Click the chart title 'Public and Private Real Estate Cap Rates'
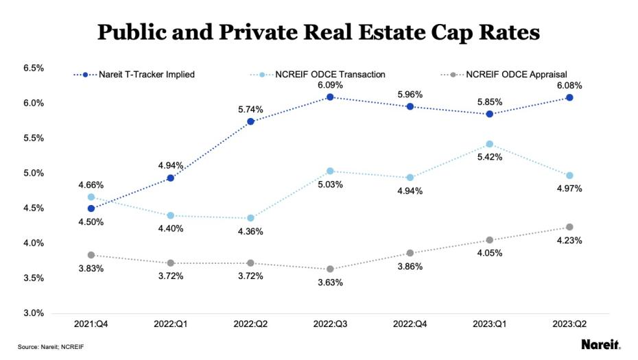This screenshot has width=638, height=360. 318,32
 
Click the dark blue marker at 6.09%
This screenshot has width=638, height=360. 330,97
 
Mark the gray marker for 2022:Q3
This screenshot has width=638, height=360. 330,269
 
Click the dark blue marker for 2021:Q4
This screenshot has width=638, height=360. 91,208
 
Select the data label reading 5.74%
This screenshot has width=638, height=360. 250,109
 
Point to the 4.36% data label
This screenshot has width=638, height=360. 250,232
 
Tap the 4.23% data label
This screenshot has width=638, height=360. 569,240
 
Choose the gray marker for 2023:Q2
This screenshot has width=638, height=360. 569,227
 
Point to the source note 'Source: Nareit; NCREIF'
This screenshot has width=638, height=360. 51,347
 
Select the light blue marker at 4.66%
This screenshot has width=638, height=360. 91,197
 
